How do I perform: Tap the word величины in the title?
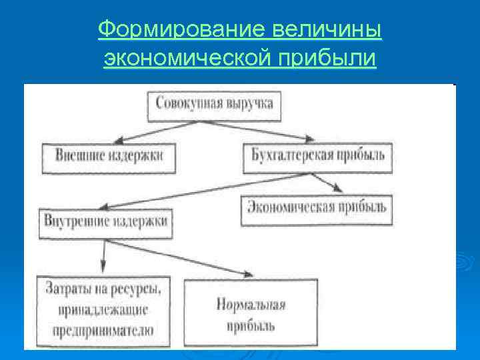pos(327,29)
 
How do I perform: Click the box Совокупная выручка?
pos(214,104)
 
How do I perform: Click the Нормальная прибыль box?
pos(251,314)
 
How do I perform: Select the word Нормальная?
pos(251,305)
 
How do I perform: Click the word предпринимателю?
pos(100,329)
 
